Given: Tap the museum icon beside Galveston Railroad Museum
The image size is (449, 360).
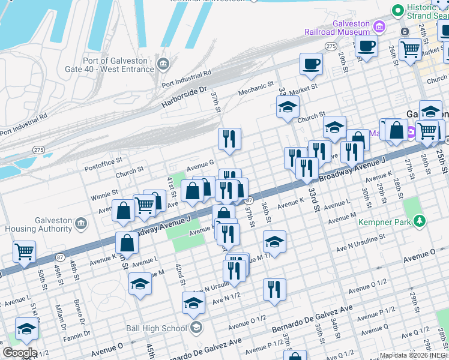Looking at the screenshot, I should pyautogui.click(x=378, y=26).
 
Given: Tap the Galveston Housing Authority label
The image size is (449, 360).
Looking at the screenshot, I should pyautogui.click(x=37, y=224).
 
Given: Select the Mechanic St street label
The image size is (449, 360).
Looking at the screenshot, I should pyautogui.click(x=256, y=89).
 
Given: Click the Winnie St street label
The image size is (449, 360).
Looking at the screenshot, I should pyautogui.click(x=104, y=193).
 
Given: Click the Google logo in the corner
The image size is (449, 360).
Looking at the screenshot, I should pyautogui.click(x=19, y=353).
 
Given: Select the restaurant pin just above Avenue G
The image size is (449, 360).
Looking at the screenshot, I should pyautogui.click(x=229, y=140).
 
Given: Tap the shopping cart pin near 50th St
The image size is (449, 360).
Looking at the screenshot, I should pyautogui.click(x=24, y=252).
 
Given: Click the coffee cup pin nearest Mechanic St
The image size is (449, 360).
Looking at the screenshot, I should pyautogui.click(x=311, y=64).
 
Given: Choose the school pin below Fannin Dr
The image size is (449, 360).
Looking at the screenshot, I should pyautogui.click(x=26, y=331).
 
